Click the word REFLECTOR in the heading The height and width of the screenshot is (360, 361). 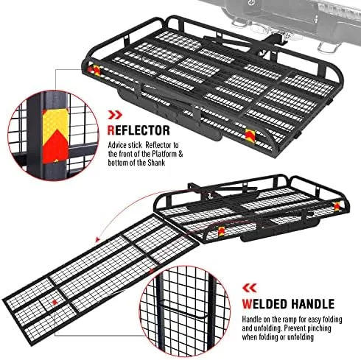(139, 130)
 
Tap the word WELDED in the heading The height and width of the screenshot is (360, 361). (264, 304)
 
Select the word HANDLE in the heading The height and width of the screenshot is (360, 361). (312, 304)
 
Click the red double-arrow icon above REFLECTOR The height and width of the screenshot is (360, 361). (115, 115)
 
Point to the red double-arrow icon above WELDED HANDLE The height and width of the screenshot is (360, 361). (249, 288)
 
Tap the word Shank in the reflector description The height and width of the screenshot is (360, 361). (156, 163)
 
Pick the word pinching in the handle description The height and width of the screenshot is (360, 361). (318, 328)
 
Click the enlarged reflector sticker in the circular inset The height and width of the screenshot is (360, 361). (55, 136)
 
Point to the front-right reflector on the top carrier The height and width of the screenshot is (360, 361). (250, 136)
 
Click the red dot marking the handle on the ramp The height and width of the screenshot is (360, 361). (55, 303)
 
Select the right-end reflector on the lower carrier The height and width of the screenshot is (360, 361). (337, 207)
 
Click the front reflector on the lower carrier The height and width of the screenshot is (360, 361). (221, 231)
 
